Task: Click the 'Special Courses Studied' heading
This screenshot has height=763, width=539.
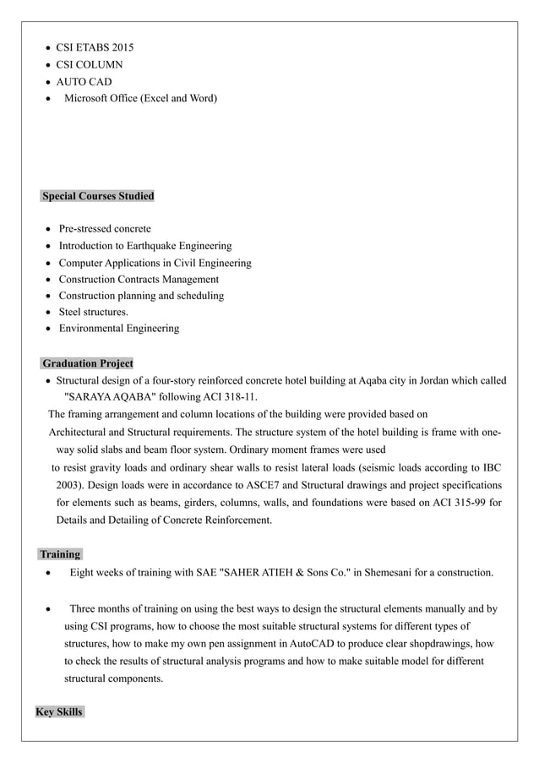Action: pos(98,196)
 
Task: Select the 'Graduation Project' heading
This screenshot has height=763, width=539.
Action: pos(88,363)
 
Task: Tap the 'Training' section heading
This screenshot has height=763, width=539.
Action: pos(60,554)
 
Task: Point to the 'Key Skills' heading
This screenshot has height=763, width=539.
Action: pos(59,712)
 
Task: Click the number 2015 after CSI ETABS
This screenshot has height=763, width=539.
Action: pos(119,47)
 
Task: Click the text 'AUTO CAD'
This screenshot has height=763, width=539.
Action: pos(84,82)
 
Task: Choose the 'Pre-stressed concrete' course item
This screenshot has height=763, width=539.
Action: pos(105,229)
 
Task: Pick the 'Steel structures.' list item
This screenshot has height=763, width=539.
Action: pos(94,312)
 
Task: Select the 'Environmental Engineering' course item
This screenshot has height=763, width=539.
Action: pos(118,329)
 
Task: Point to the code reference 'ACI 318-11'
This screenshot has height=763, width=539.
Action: pos(230,397)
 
